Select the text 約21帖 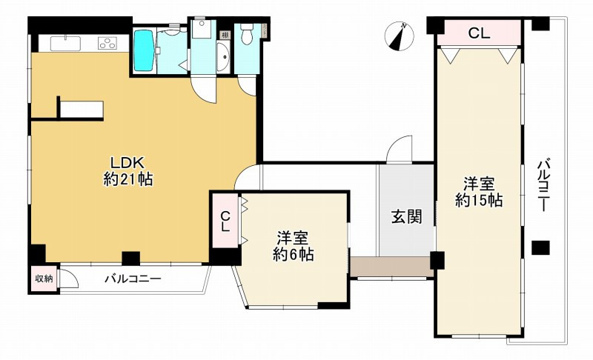(127, 179)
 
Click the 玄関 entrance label (406, 217)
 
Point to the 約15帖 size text (479, 200)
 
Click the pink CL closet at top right (478, 33)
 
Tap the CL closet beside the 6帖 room (225, 223)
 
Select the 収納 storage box (44, 279)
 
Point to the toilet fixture (247, 33)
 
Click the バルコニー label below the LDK (133, 279)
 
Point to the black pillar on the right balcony (540, 247)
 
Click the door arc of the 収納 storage (70, 280)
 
